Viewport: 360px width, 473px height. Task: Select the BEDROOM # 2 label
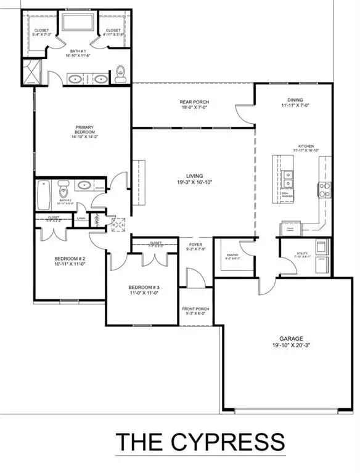[x=65, y=260]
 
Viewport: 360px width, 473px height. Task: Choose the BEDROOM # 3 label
[x=144, y=288]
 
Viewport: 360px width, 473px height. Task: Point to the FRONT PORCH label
[x=195, y=309]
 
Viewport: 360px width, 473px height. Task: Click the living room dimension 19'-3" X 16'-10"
[x=194, y=183]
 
